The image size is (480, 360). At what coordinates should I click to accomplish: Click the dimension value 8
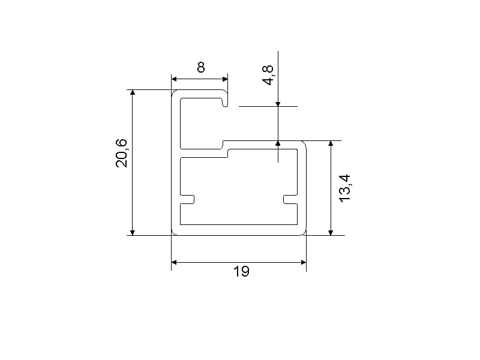click(x=201, y=67)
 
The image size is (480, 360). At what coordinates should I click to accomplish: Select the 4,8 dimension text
click(x=268, y=75)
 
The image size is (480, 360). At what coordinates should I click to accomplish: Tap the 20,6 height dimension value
click(x=121, y=153)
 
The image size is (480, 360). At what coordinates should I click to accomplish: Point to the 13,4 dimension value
click(x=344, y=188)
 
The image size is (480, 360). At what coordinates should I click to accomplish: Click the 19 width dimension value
click(x=242, y=271)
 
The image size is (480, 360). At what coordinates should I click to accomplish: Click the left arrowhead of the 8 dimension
click(x=174, y=79)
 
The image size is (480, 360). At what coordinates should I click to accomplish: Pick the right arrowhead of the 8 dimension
click(x=225, y=79)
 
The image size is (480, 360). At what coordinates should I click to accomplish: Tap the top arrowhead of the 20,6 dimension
click(x=133, y=93)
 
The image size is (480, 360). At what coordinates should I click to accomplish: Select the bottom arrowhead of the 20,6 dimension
click(x=133, y=232)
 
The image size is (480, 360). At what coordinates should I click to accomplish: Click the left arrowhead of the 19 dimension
click(x=174, y=262)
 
